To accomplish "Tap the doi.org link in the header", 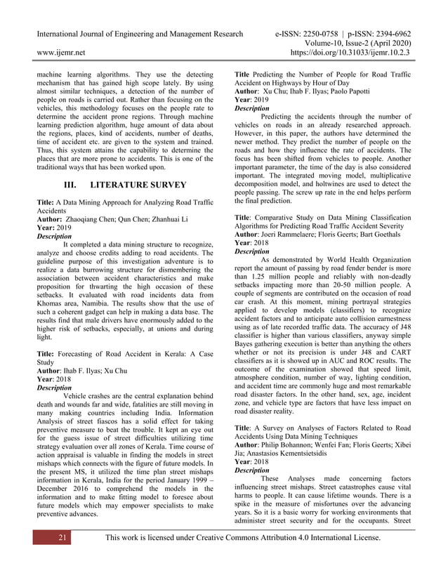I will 354,51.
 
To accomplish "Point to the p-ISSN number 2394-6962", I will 390,34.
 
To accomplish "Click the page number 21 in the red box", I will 62,538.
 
